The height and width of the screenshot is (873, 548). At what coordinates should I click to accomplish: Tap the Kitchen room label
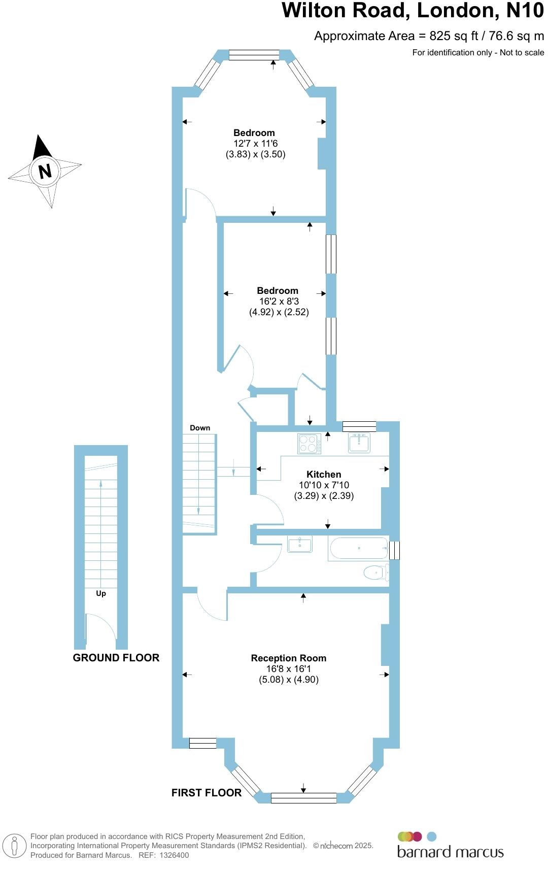324,475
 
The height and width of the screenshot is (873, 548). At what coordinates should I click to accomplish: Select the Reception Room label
288,658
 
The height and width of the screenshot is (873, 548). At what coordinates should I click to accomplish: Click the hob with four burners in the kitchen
309,444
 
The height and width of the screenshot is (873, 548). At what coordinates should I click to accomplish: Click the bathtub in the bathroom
359,549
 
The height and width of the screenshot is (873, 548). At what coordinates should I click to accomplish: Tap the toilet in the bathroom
376,573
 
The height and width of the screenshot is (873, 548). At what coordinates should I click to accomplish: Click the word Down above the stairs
200,428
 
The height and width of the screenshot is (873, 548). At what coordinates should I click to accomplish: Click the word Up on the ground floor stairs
101,593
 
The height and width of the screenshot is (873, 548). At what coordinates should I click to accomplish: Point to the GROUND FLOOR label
116,658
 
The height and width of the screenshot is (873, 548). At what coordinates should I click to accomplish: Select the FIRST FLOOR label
206,793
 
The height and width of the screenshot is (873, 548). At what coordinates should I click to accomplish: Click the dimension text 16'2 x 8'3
279,301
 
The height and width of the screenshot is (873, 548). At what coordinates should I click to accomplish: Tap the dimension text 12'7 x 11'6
255,144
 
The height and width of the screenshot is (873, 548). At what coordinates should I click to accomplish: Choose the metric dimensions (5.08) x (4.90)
289,680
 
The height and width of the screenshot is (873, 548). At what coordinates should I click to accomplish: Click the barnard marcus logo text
451,852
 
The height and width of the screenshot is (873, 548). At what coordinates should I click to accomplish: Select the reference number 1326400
175,855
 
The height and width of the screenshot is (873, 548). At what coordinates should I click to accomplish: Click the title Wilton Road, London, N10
413,11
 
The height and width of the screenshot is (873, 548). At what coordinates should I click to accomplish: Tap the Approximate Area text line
429,36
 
